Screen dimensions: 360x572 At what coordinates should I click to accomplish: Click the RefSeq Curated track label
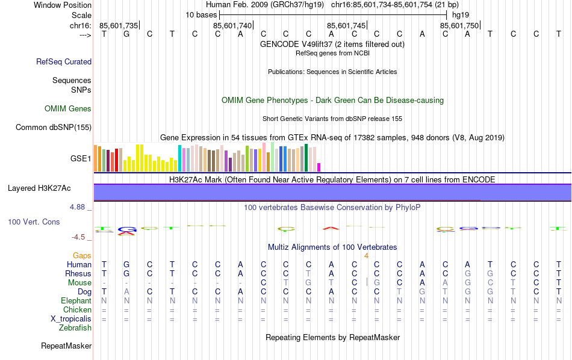click(64, 61)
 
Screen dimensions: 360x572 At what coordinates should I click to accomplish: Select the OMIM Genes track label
click(68, 109)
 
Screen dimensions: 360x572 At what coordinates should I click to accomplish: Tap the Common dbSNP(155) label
click(54, 127)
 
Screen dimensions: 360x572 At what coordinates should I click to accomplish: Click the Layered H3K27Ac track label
click(39, 188)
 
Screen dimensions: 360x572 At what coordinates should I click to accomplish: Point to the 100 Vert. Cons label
click(34, 222)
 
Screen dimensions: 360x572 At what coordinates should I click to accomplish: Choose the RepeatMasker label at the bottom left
click(66, 346)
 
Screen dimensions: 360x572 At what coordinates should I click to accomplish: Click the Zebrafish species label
click(75, 328)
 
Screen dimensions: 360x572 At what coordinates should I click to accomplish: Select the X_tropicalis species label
click(70, 319)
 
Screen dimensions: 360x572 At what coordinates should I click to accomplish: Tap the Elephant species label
click(76, 300)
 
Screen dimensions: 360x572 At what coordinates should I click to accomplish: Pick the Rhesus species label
click(78, 273)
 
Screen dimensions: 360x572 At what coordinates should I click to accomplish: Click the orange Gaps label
click(82, 256)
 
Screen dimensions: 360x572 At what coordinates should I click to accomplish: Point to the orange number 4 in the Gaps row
click(366, 256)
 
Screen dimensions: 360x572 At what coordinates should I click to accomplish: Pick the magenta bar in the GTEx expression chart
click(319, 167)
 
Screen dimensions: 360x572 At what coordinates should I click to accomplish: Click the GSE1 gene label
click(81, 159)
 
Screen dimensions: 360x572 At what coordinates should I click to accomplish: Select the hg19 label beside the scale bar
click(460, 14)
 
